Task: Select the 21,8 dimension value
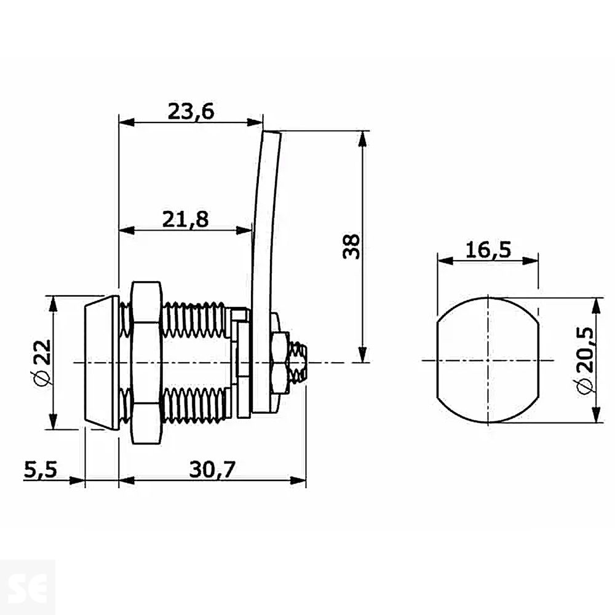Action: tap(185, 219)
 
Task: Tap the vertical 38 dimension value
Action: tap(351, 246)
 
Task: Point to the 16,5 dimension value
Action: tap(488, 250)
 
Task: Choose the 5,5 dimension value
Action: tap(41, 470)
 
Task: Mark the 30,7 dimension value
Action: tap(212, 470)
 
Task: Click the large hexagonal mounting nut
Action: tap(146, 363)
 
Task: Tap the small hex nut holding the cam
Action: tap(281, 363)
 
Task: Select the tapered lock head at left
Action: tap(101, 363)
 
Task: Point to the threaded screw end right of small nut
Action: tap(299, 363)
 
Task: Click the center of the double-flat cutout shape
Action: tap(488, 360)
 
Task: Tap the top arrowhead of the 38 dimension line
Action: tap(363, 138)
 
